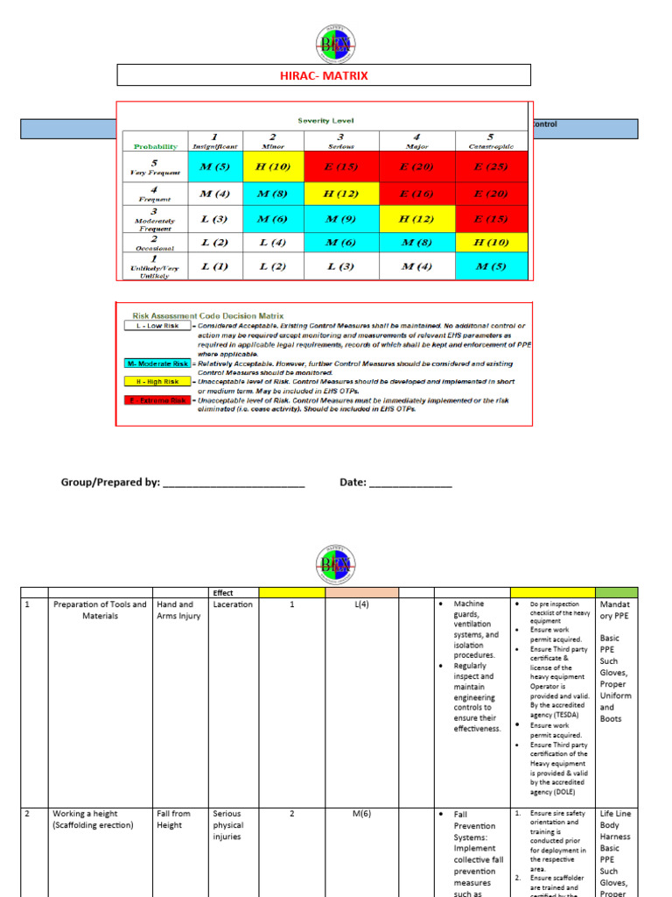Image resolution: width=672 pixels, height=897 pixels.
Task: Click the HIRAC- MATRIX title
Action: [324, 75]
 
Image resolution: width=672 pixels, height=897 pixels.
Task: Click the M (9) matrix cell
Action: [341, 218]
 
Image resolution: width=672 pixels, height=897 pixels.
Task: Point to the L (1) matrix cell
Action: [213, 266]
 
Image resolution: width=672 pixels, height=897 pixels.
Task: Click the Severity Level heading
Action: [325, 120]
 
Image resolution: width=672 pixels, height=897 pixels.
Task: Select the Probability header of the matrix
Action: [156, 146]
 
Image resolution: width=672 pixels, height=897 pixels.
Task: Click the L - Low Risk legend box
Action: [154, 326]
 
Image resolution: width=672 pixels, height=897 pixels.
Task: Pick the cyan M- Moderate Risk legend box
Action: [154, 363]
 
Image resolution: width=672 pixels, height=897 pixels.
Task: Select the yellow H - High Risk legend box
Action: [154, 382]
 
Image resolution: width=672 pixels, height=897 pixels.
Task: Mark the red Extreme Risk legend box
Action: [154, 400]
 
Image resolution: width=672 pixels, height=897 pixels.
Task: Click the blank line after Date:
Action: [410, 484]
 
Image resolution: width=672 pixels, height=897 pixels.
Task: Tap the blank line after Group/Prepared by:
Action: [234, 484]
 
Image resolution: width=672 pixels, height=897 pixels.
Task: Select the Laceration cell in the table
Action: [233, 604]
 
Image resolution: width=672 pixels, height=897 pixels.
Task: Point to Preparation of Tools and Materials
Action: [98, 610]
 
